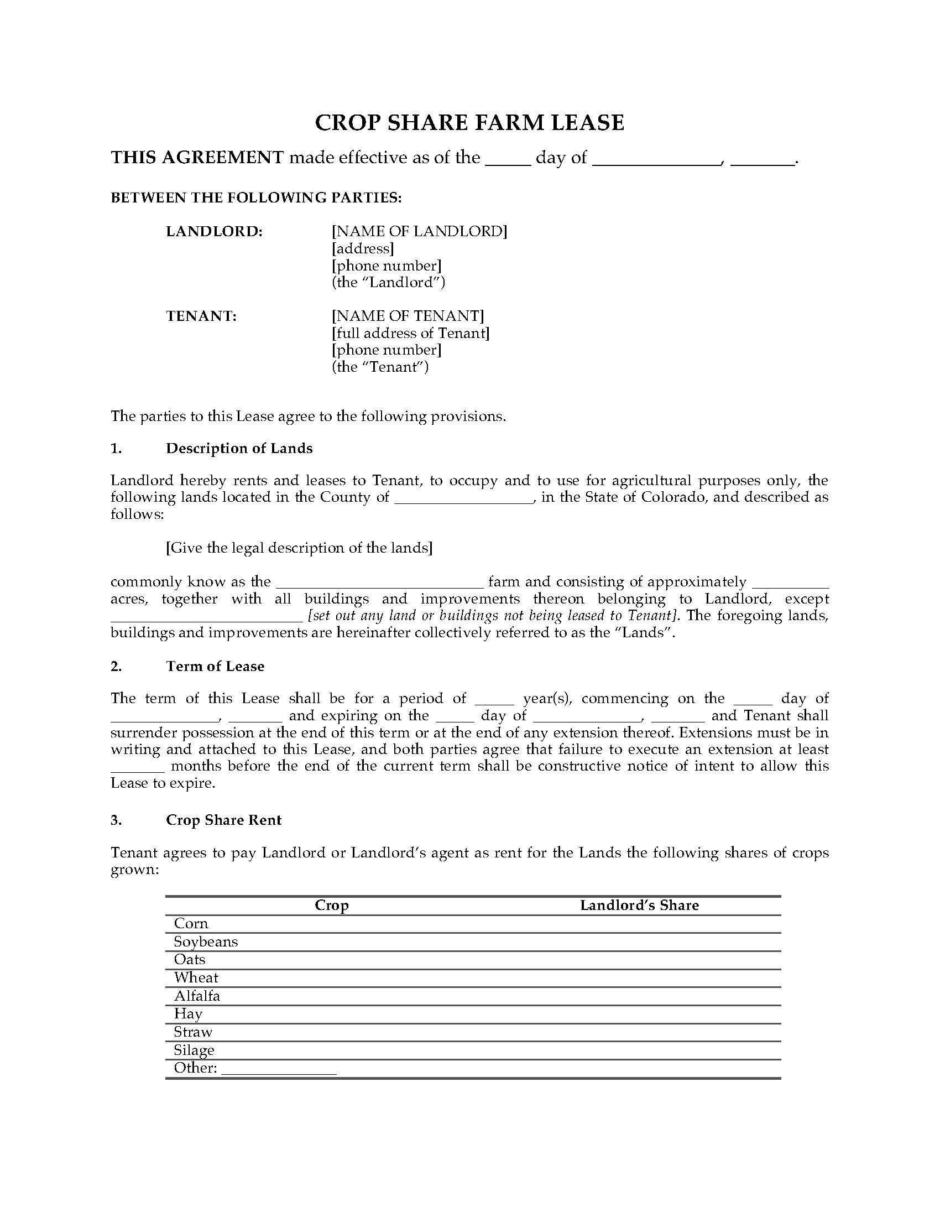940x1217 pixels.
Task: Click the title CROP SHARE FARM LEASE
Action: click(x=469, y=123)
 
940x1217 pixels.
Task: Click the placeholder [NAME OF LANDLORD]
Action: click(x=419, y=231)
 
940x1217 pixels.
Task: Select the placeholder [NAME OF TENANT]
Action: click(x=408, y=316)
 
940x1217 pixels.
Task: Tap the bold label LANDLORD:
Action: click(x=215, y=231)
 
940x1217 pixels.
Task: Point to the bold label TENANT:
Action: click(x=201, y=316)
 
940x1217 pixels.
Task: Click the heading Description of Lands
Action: click(x=239, y=449)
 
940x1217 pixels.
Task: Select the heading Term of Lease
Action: click(x=215, y=667)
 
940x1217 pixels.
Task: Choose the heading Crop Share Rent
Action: click(x=223, y=820)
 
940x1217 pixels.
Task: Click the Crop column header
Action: click(x=331, y=906)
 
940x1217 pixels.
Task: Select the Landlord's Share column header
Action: click(x=639, y=906)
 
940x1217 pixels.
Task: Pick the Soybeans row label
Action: click(x=206, y=942)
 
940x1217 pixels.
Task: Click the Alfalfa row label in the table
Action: click(x=197, y=996)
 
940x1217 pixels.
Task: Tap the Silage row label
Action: click(x=194, y=1050)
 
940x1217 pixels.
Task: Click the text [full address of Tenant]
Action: click(x=410, y=333)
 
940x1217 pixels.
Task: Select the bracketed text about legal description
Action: click(x=299, y=548)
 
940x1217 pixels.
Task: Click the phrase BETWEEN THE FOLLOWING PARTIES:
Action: click(x=256, y=198)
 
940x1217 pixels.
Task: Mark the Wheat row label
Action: click(x=196, y=978)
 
